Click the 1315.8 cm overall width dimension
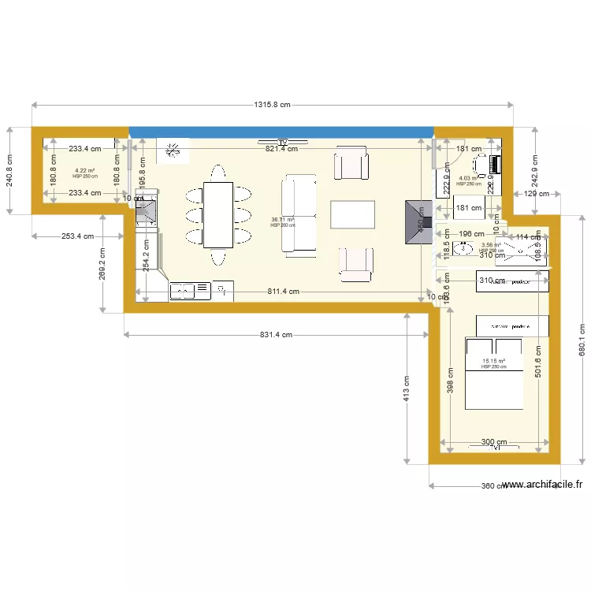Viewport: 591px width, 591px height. (272, 105)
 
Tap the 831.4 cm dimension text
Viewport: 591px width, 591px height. (276, 335)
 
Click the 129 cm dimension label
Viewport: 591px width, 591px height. (537, 194)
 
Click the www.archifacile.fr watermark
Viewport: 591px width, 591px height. (541, 485)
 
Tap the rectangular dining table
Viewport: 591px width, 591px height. (218, 214)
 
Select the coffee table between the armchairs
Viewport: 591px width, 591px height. (352, 214)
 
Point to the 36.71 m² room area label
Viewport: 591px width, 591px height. (282, 221)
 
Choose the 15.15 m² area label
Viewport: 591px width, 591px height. (493, 363)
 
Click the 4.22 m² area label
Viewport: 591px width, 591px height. (84, 172)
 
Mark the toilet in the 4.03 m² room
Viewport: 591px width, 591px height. (481, 165)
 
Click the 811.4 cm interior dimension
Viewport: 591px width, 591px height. (282, 291)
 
